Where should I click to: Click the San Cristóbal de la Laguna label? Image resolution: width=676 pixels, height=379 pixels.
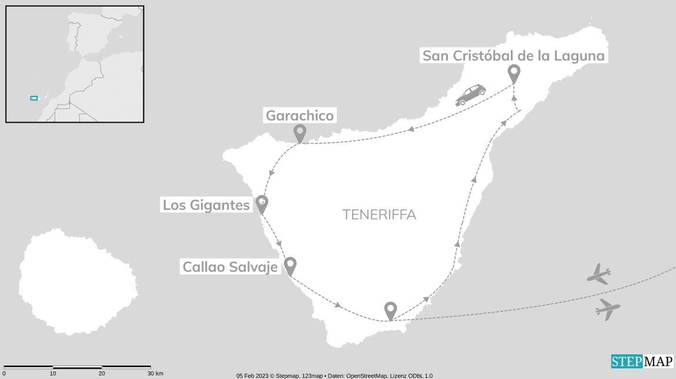pyautogui.click(x=514, y=56)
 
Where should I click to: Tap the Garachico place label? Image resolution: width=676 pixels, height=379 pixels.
pyautogui.click(x=300, y=116)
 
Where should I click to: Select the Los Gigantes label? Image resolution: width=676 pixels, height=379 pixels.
pyautogui.click(x=206, y=206)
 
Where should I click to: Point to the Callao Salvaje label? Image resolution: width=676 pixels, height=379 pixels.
pyautogui.click(x=230, y=267)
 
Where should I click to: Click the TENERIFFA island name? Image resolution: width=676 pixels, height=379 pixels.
pyautogui.click(x=379, y=215)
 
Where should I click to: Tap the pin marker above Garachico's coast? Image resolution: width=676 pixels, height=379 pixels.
pyautogui.click(x=300, y=133)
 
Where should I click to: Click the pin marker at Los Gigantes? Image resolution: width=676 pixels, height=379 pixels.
pyautogui.click(x=262, y=204)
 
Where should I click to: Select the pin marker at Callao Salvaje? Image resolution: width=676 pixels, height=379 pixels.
pyautogui.click(x=290, y=266)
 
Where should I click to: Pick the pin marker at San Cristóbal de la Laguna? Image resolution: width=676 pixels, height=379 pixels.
pyautogui.click(x=514, y=73)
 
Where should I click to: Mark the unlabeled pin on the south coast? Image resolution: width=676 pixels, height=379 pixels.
pyautogui.click(x=390, y=310)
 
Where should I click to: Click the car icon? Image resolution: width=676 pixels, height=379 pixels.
pyautogui.click(x=471, y=94)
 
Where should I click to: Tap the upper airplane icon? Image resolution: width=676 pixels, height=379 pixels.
pyautogui.click(x=599, y=274)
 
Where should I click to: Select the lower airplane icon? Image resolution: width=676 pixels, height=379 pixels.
pyautogui.click(x=608, y=309)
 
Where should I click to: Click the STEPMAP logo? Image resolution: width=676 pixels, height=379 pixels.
pyautogui.click(x=642, y=361)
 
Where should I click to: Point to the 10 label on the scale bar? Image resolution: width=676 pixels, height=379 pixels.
pyautogui.click(x=53, y=374)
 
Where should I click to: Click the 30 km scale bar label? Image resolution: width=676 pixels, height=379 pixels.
pyautogui.click(x=155, y=374)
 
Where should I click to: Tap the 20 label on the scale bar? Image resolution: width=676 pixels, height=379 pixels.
pyautogui.click(x=102, y=374)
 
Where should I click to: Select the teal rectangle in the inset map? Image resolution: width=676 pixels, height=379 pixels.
pyautogui.click(x=34, y=98)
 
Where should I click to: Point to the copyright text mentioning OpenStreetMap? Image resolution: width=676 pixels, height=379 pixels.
pyautogui.click(x=334, y=375)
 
